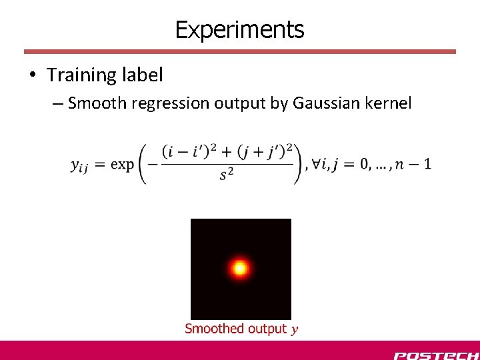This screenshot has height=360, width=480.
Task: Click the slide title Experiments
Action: coord(239,29)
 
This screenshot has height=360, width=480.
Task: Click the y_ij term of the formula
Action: coord(79,165)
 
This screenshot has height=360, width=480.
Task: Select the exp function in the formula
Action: coord(122,164)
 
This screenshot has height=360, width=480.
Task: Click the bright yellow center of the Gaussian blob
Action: coord(239,269)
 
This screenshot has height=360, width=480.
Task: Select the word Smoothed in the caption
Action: coord(215,328)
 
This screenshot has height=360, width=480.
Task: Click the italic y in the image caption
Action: coord(295,329)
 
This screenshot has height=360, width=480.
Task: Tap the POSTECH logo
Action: coord(435,355)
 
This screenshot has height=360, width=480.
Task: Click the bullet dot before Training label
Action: coord(33,75)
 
